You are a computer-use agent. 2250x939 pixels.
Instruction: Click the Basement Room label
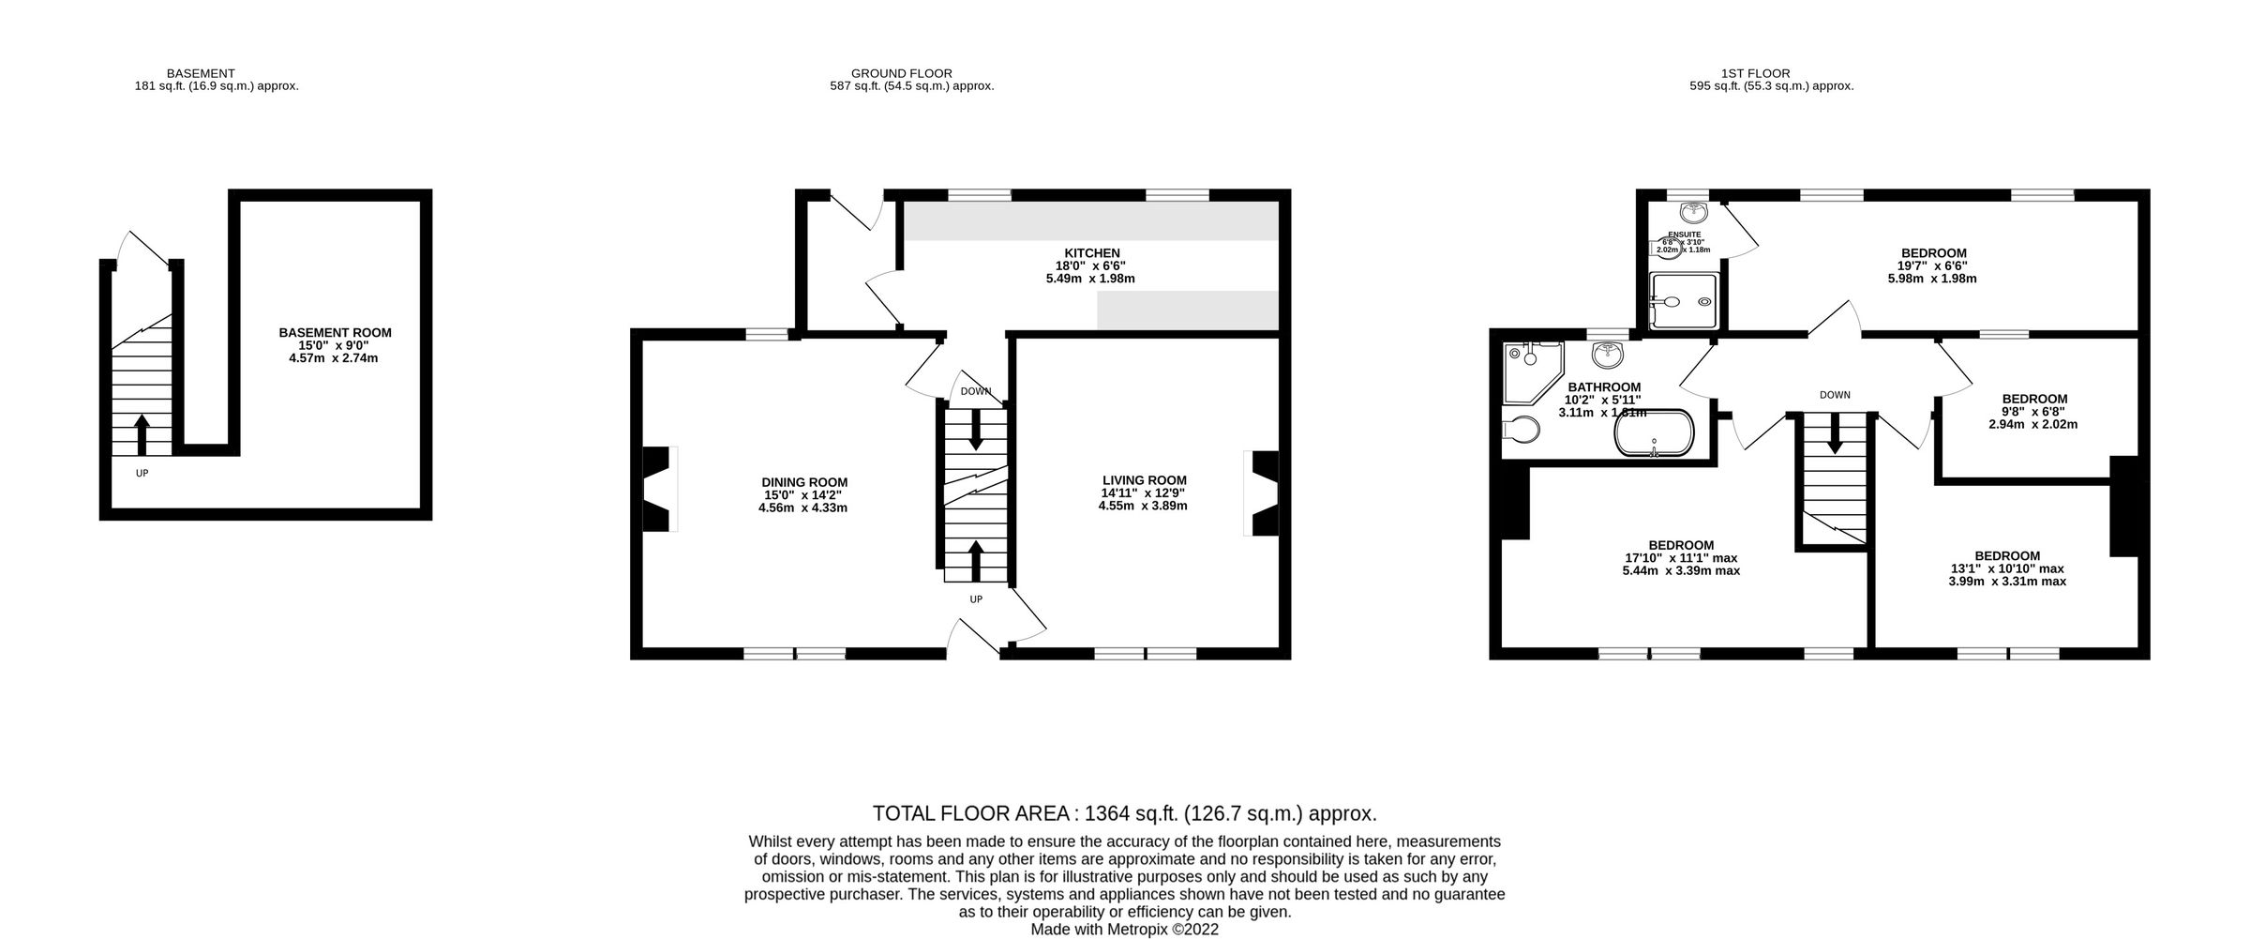coord(335,333)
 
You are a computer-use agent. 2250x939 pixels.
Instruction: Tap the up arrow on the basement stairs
coord(142,434)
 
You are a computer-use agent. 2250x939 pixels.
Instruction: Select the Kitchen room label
coord(1091,253)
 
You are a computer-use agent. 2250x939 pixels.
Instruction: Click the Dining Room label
coord(803,482)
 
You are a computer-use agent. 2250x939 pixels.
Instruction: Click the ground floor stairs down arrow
coord(976,431)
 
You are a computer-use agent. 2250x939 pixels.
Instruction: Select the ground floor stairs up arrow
coord(976,559)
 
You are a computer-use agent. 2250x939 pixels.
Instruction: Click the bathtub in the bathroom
coord(1654,432)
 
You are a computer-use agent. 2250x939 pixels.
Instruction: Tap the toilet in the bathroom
coord(1520,430)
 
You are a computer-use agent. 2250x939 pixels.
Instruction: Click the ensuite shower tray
coord(1684,301)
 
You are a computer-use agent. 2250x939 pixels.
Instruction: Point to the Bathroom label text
coord(1604,387)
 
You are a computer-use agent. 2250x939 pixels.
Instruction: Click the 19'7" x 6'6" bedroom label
coord(1933,253)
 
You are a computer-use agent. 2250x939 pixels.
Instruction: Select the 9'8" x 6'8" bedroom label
coord(2033,399)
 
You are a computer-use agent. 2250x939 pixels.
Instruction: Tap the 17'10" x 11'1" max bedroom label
coord(1681,545)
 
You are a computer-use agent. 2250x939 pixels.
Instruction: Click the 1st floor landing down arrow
coord(1835,436)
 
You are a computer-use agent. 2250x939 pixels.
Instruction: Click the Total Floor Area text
coord(1124,813)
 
